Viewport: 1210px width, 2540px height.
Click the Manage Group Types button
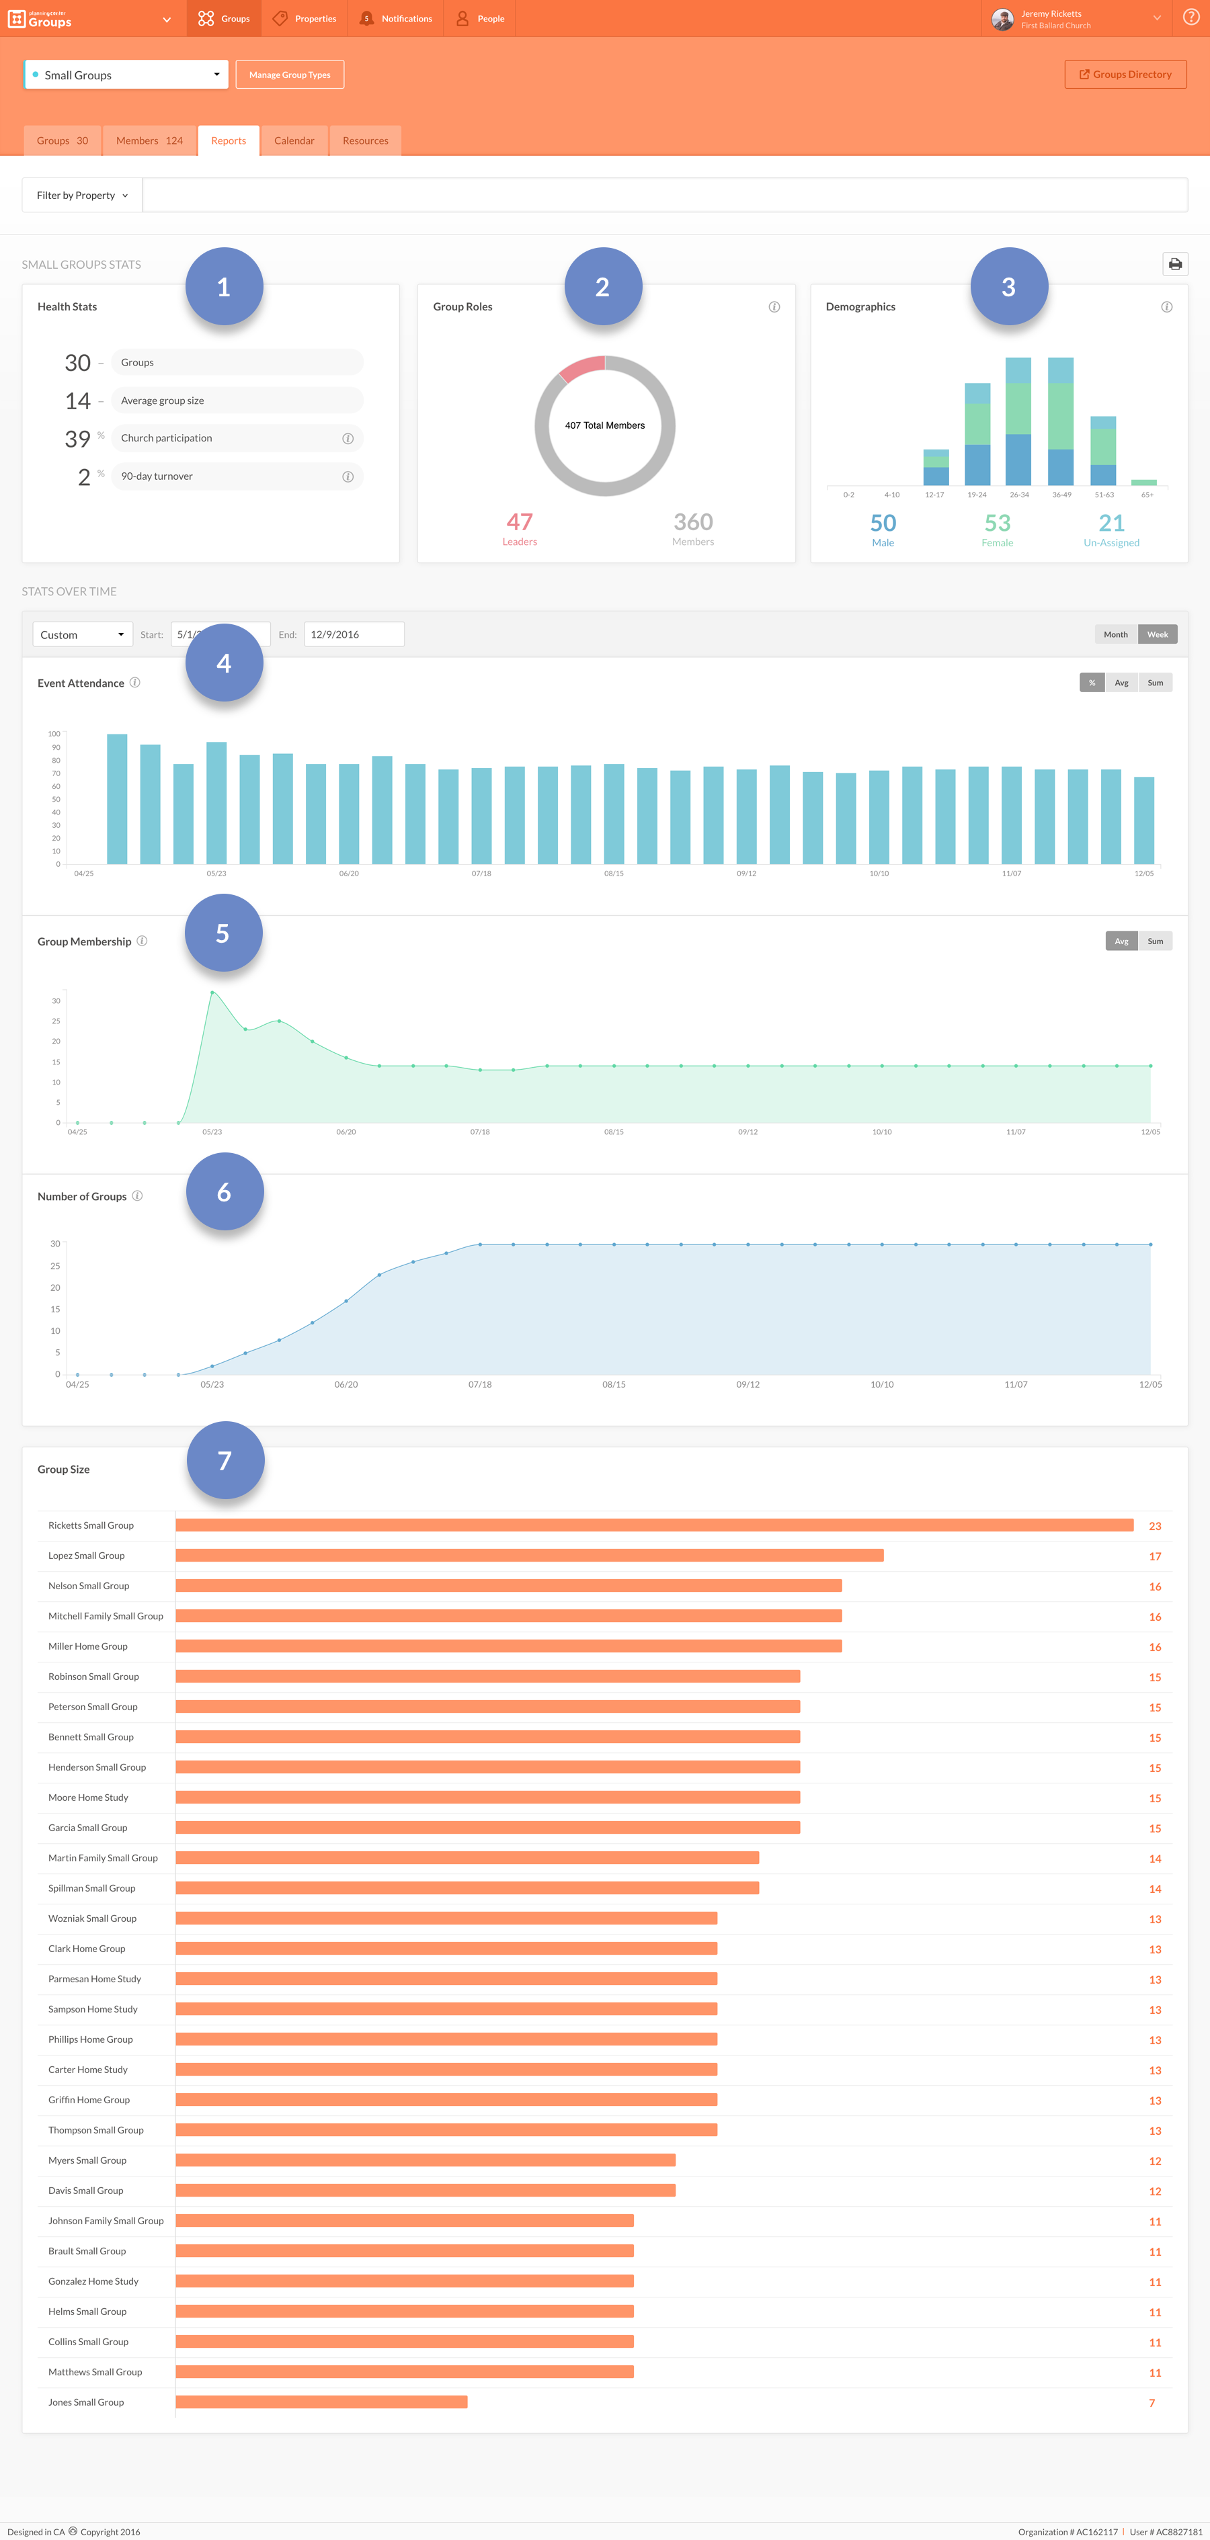(x=289, y=75)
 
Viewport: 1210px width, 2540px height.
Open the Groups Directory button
(x=1125, y=75)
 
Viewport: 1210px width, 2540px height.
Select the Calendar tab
(x=294, y=141)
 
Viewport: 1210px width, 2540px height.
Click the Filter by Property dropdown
(x=82, y=196)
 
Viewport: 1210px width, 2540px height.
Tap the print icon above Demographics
(x=1174, y=264)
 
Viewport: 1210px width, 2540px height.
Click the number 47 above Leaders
(x=520, y=521)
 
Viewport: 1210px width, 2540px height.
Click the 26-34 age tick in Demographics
(x=1018, y=495)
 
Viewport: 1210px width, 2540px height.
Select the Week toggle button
(x=1157, y=635)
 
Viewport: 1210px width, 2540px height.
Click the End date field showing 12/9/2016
(x=353, y=635)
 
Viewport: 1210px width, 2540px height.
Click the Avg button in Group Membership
(x=1121, y=941)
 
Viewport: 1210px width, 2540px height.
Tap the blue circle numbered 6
(x=225, y=1192)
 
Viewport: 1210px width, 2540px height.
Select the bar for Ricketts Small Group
(x=654, y=1525)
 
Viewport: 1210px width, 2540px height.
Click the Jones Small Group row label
(x=86, y=2402)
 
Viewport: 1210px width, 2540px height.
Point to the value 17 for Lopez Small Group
(x=1155, y=1556)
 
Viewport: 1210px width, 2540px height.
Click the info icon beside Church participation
(x=347, y=439)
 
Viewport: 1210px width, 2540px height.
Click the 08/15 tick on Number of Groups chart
(x=613, y=1384)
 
